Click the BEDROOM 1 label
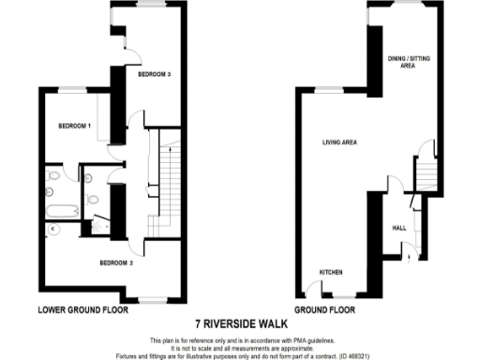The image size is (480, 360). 74,126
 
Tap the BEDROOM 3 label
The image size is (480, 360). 155,73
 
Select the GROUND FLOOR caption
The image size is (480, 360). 326,309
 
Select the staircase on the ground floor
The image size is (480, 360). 427,172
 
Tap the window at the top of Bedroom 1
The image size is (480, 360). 73,89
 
